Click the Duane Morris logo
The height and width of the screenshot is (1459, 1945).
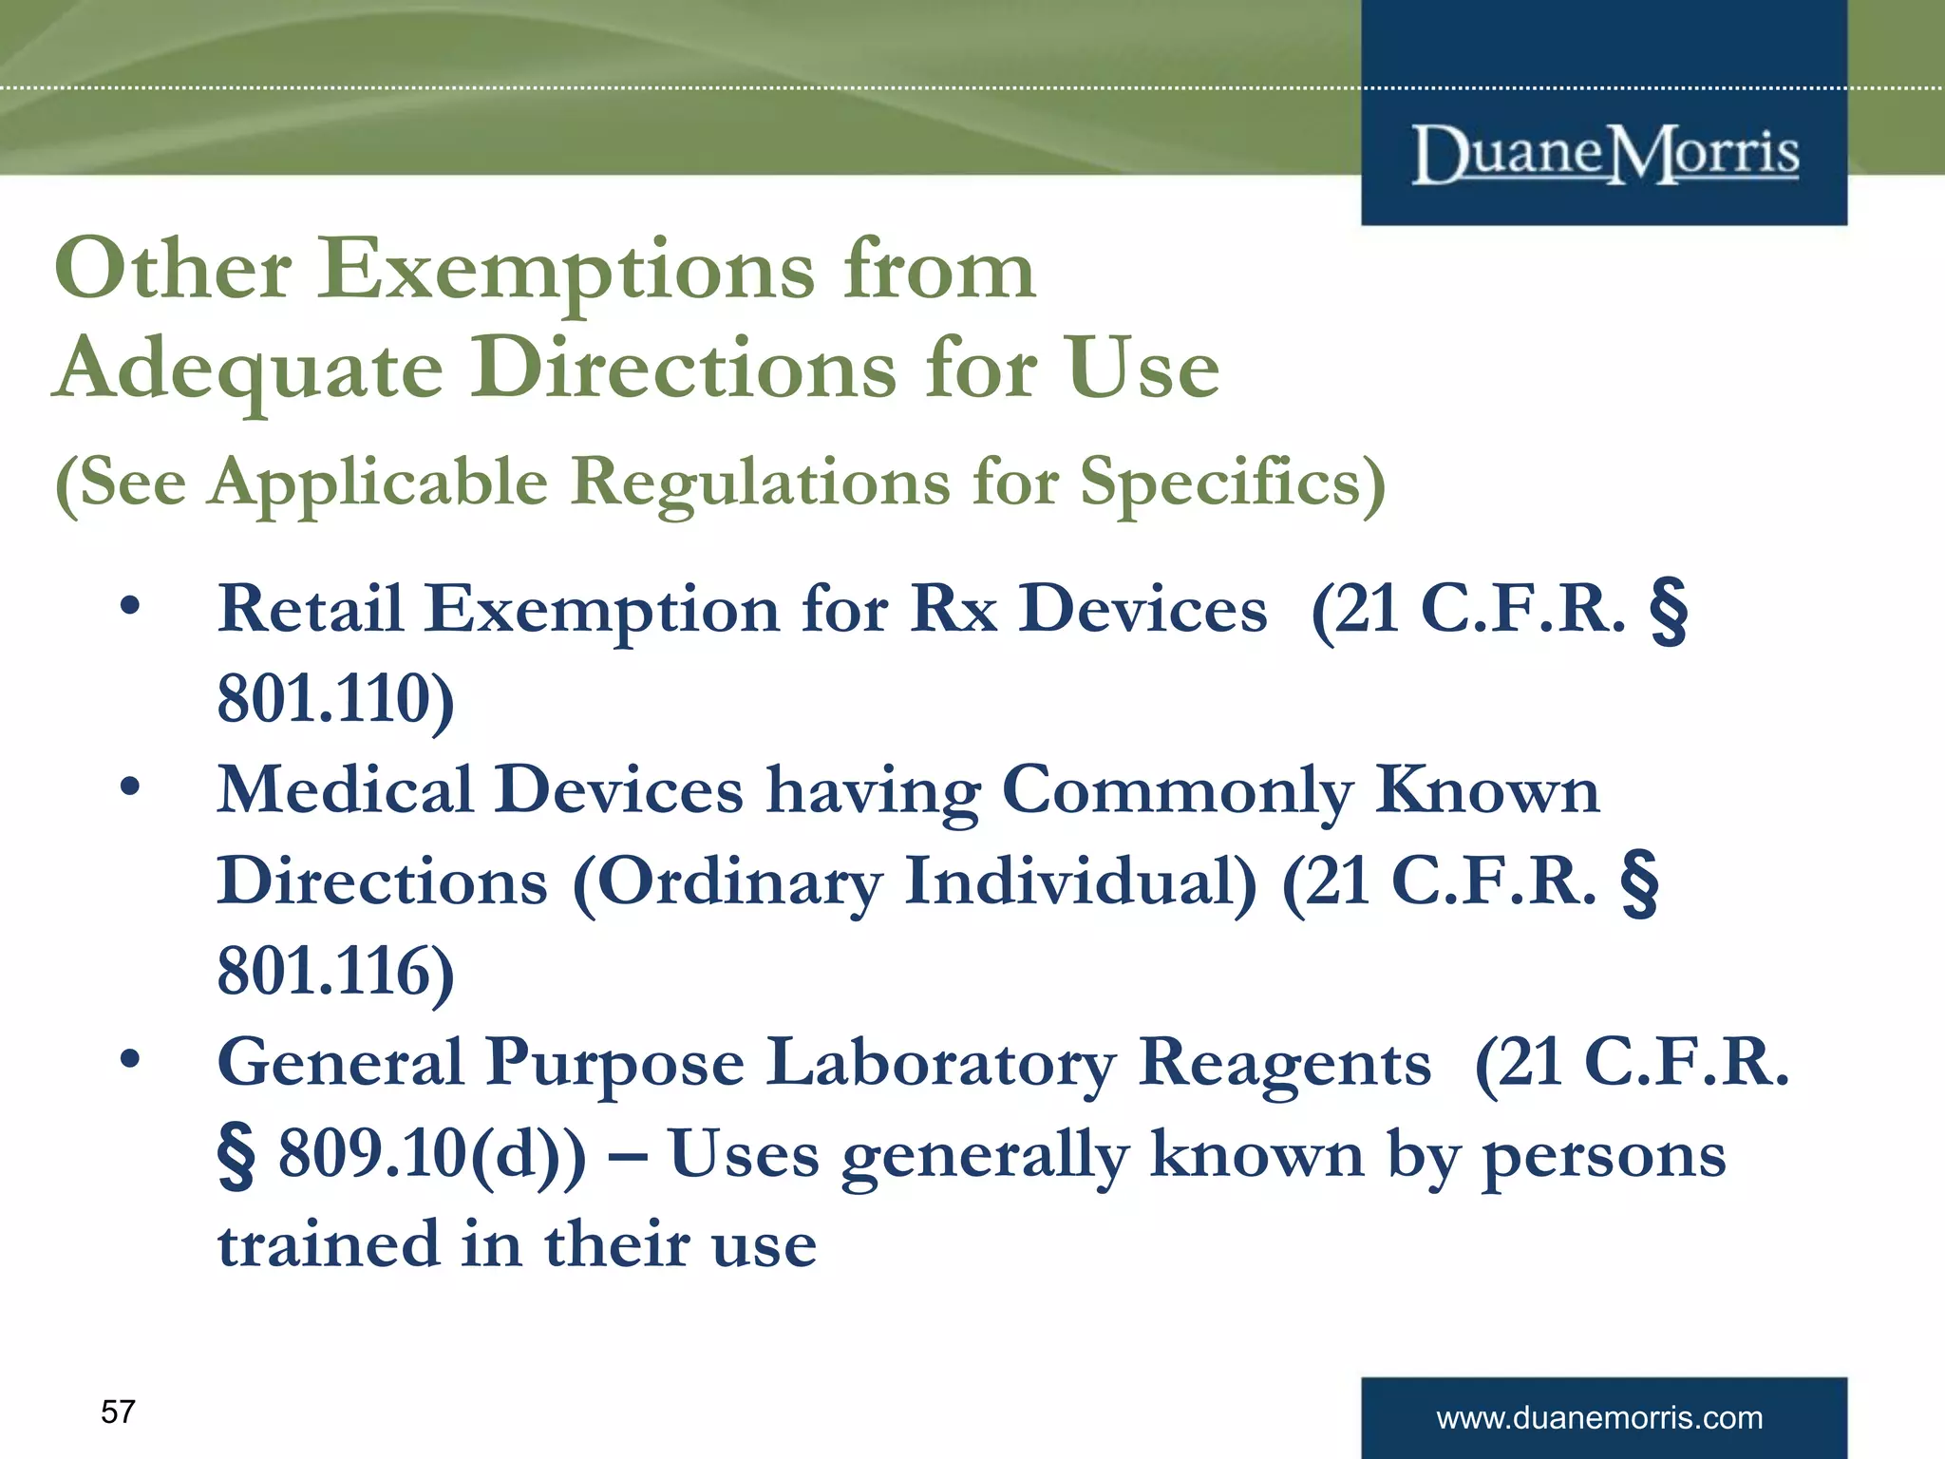click(1605, 154)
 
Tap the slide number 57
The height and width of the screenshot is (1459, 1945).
click(118, 1412)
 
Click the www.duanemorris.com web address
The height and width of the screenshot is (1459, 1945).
click(1599, 1417)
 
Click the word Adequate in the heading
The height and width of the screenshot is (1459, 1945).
click(250, 369)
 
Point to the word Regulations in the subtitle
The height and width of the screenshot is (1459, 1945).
click(760, 483)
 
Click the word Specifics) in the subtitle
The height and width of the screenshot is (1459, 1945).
click(1233, 483)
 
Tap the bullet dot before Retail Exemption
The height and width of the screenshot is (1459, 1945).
click(130, 605)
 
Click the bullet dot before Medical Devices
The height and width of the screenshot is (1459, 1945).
click(130, 786)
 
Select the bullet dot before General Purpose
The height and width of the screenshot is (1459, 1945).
click(130, 1059)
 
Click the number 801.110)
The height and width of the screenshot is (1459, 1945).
click(336, 699)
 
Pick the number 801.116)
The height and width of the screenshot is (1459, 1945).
click(336, 972)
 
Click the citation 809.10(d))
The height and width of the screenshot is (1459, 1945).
click(432, 1154)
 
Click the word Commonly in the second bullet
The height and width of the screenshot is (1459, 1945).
click(1177, 790)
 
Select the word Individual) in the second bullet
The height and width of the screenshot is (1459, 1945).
click(1081, 881)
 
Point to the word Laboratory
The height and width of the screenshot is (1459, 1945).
click(940, 1063)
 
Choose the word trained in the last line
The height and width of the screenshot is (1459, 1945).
click(328, 1244)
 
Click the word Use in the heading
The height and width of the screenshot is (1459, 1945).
click(1142, 369)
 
